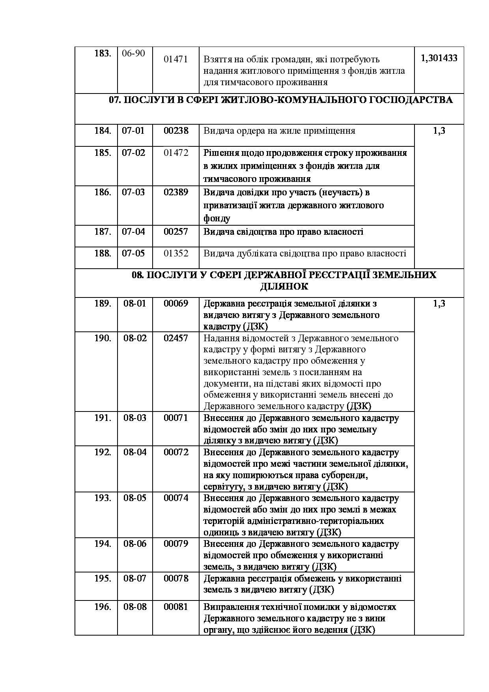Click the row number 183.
point(103,53)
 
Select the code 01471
point(175,59)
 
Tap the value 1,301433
point(439,58)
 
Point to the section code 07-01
point(133,131)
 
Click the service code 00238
point(176,131)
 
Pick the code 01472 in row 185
point(176,153)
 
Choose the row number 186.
point(103,192)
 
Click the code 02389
point(176,192)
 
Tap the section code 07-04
point(133,232)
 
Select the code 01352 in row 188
point(176,253)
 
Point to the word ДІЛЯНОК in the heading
point(284,286)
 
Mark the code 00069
point(176,303)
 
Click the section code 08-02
point(135,338)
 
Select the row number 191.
point(103,418)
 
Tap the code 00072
point(176,452)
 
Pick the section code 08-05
point(135,498)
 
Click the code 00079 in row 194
point(176,544)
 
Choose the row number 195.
point(103,578)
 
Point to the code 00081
point(176,607)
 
